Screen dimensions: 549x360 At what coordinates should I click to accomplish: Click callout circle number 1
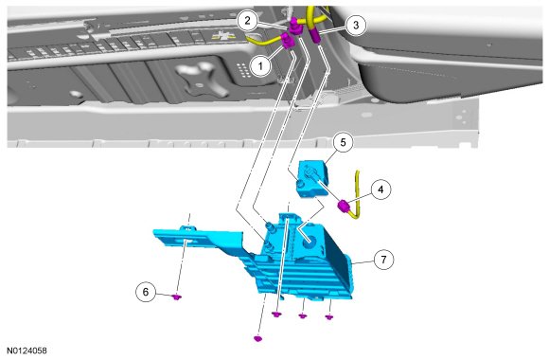tap(260, 65)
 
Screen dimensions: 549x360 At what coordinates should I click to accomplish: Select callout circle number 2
tap(248, 21)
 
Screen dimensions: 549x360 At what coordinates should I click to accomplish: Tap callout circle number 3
tap(356, 25)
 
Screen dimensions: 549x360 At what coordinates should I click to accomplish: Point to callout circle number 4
tap(381, 189)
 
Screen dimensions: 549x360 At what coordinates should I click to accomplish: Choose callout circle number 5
tap(343, 142)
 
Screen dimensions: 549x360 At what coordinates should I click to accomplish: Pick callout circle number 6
tap(146, 291)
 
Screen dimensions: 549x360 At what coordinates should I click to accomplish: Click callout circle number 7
tap(383, 260)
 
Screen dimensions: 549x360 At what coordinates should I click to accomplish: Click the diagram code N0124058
tap(27, 351)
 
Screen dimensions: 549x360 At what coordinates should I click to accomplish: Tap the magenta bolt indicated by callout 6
tap(177, 297)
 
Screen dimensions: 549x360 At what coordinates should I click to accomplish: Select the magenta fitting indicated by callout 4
tap(343, 206)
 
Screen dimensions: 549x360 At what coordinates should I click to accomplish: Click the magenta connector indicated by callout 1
tap(288, 41)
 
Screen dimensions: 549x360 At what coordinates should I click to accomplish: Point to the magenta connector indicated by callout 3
tap(315, 36)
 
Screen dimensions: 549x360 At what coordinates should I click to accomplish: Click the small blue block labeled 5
tap(311, 178)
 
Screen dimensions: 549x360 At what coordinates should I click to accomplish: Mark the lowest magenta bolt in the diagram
tap(258, 338)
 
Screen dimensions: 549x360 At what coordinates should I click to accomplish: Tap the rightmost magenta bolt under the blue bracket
tap(329, 316)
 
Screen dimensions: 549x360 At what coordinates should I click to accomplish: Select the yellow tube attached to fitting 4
tap(357, 196)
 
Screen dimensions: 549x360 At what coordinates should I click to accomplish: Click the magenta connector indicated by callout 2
tap(294, 27)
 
